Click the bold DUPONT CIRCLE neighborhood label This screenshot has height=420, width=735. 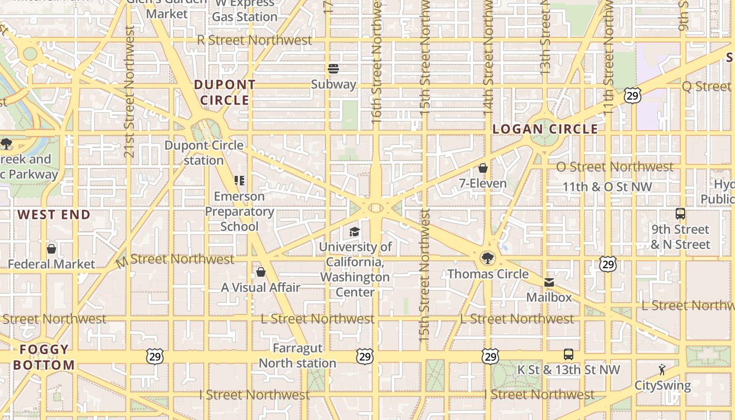tap(225, 92)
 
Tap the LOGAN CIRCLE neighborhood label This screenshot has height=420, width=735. tap(545, 129)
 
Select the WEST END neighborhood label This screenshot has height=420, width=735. tap(54, 215)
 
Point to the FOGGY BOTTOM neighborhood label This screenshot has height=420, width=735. tap(44, 358)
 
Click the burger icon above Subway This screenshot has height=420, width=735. tap(333, 69)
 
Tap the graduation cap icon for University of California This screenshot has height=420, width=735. tap(355, 232)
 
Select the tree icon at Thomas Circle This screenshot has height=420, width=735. tap(488, 258)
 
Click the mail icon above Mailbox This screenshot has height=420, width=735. tap(549, 282)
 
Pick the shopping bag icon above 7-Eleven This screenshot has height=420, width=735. tap(482, 168)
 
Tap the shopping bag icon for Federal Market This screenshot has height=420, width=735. tap(51, 249)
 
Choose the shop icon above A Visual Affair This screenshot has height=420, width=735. tap(260, 272)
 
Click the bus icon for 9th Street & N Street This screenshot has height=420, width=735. tap(680, 214)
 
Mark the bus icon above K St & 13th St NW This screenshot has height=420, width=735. tap(568, 354)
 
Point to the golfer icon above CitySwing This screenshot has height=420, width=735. tap(662, 370)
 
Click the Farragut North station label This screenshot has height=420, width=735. tap(297, 355)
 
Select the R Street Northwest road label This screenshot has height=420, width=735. tap(255, 40)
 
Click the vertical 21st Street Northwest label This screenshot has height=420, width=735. tap(129, 92)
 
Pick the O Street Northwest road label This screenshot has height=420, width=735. tap(614, 167)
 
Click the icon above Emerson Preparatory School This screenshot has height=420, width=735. tap(239, 181)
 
